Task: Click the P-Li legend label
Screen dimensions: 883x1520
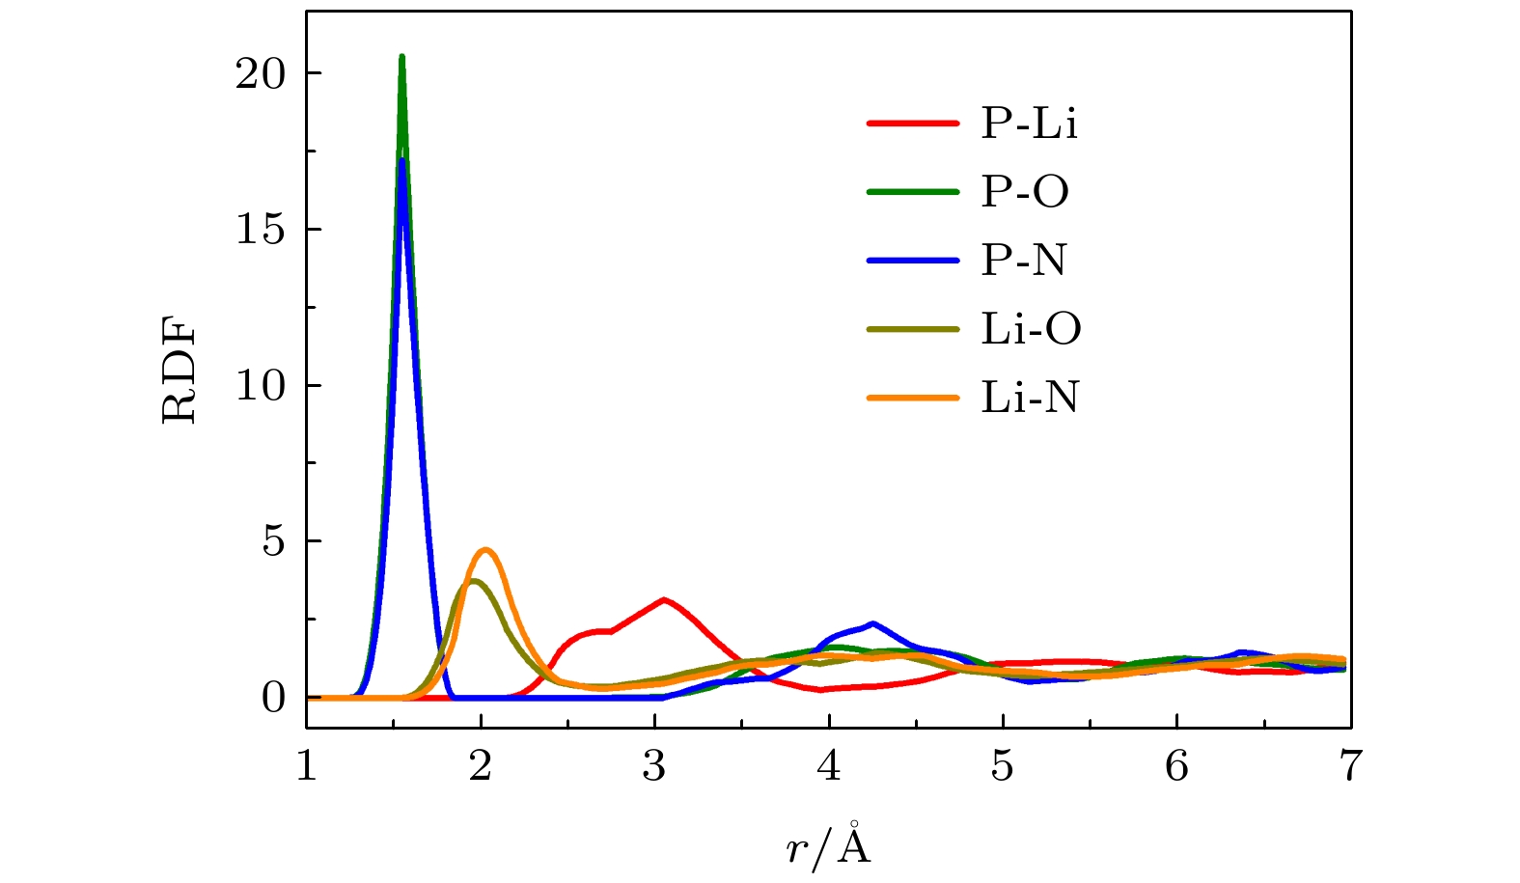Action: (1029, 124)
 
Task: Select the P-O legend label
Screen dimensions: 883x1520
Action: (1025, 192)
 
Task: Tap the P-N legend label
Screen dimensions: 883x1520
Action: (1024, 261)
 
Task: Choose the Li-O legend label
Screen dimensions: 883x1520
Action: (1031, 329)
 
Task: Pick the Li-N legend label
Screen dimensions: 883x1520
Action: (1030, 398)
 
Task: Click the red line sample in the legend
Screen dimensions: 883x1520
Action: (913, 124)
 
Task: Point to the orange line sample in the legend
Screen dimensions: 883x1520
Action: (913, 398)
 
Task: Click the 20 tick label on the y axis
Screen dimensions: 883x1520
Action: (261, 74)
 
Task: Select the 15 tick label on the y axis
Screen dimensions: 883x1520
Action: (261, 230)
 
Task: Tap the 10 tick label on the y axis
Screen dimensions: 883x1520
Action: (261, 386)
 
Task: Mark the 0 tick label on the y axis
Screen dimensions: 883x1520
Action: (274, 698)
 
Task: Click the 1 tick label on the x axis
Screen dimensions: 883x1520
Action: (307, 766)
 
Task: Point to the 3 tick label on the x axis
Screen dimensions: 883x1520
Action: (655, 766)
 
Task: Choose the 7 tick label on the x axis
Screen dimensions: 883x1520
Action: (1350, 766)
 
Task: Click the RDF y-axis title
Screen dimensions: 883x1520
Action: (180, 373)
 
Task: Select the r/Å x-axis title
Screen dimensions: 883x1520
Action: (828, 844)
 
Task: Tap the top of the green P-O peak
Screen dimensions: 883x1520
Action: (401, 57)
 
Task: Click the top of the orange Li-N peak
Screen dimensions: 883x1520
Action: (485, 550)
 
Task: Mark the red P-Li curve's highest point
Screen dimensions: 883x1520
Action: (664, 599)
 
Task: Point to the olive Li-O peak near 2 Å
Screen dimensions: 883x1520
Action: (473, 580)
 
